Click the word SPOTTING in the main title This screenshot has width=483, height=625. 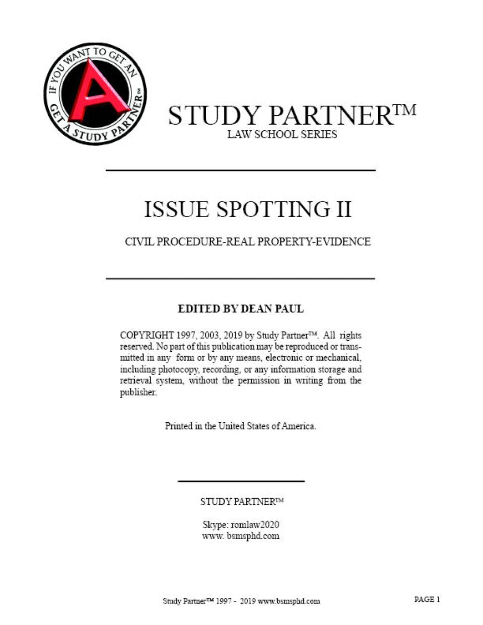tap(271, 209)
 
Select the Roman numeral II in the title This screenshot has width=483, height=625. tap(343, 209)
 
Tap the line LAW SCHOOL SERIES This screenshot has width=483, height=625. tap(282, 134)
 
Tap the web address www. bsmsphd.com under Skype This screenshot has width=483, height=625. tap(241, 536)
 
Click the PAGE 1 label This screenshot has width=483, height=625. tap(427, 599)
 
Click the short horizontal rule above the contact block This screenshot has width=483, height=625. tap(241, 481)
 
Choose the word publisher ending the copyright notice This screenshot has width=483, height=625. tap(138, 392)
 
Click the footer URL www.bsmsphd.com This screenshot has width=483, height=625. tap(289, 601)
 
